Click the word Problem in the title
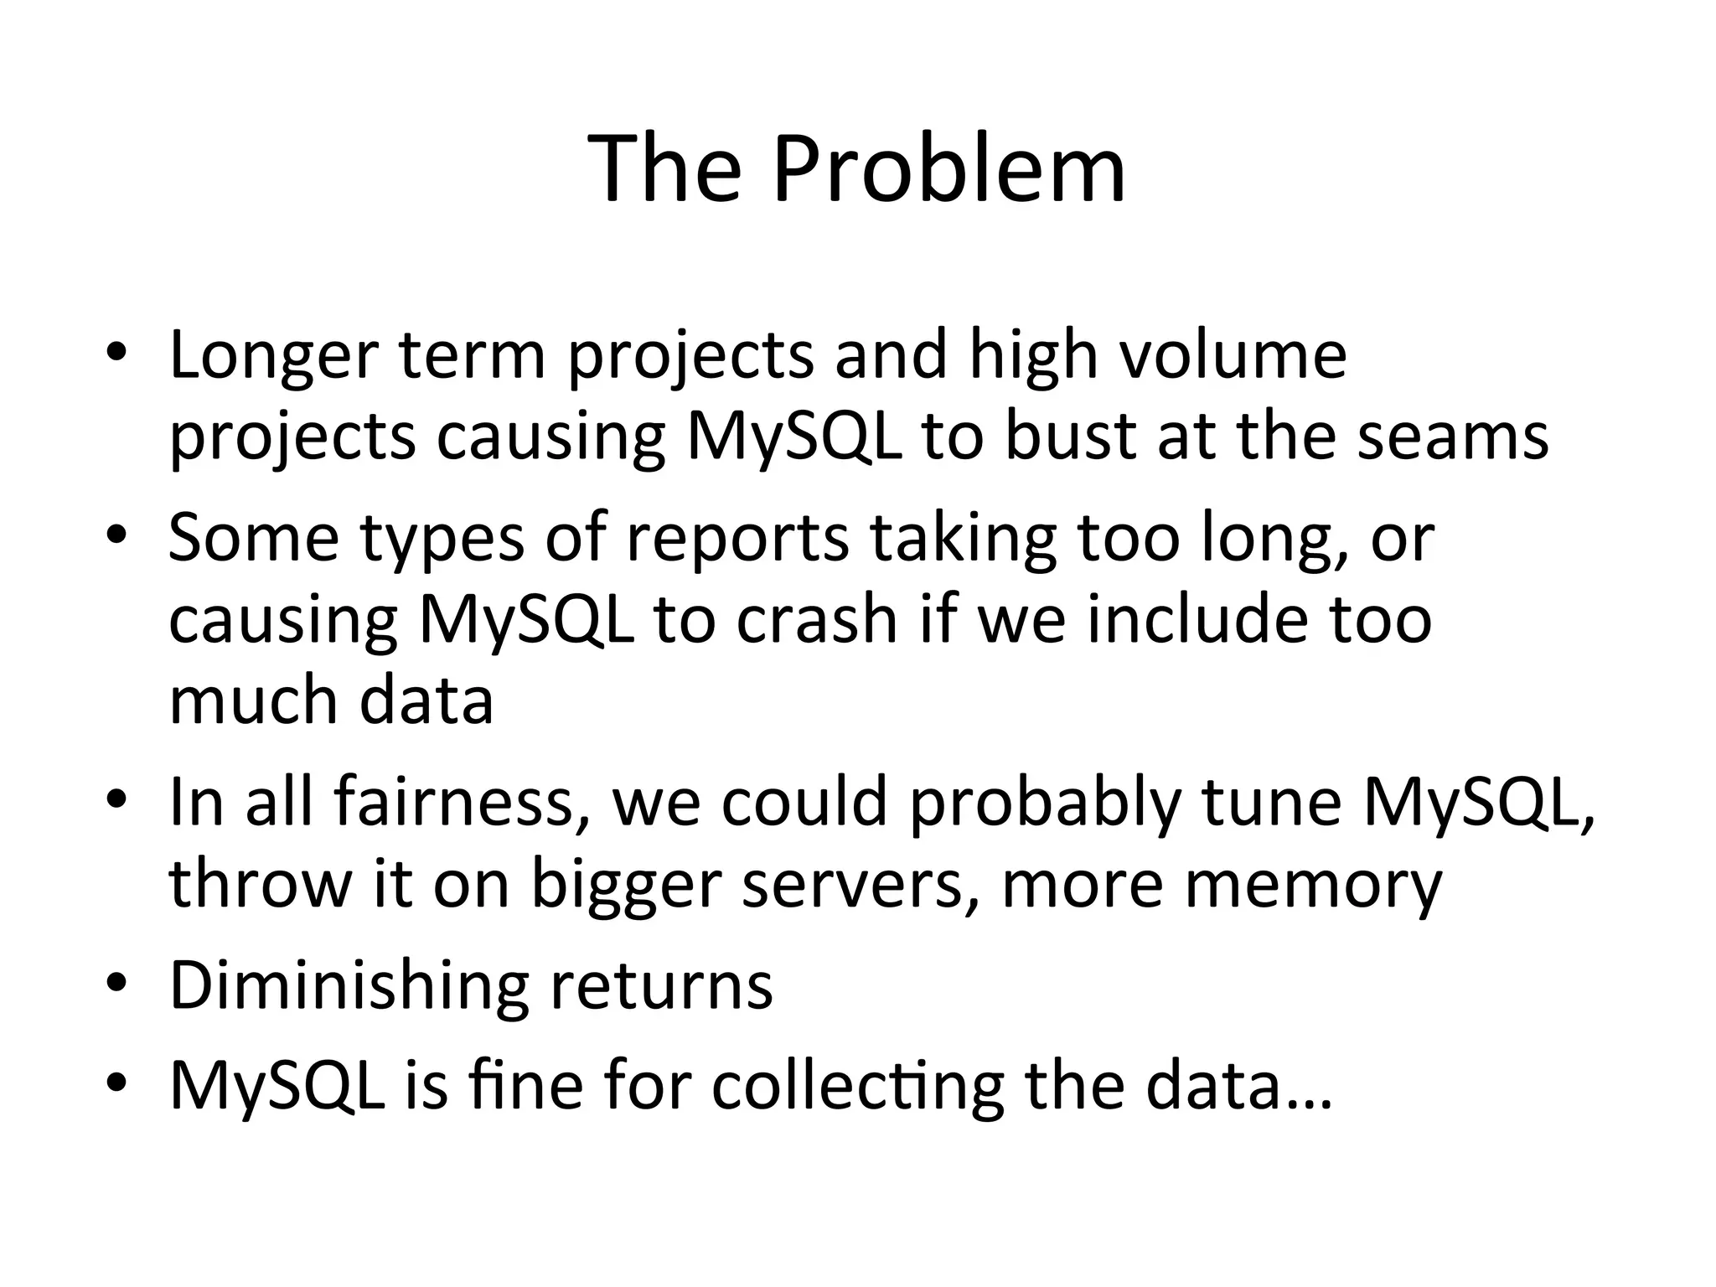(948, 170)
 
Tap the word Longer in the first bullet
(274, 356)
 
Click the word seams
(1453, 437)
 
